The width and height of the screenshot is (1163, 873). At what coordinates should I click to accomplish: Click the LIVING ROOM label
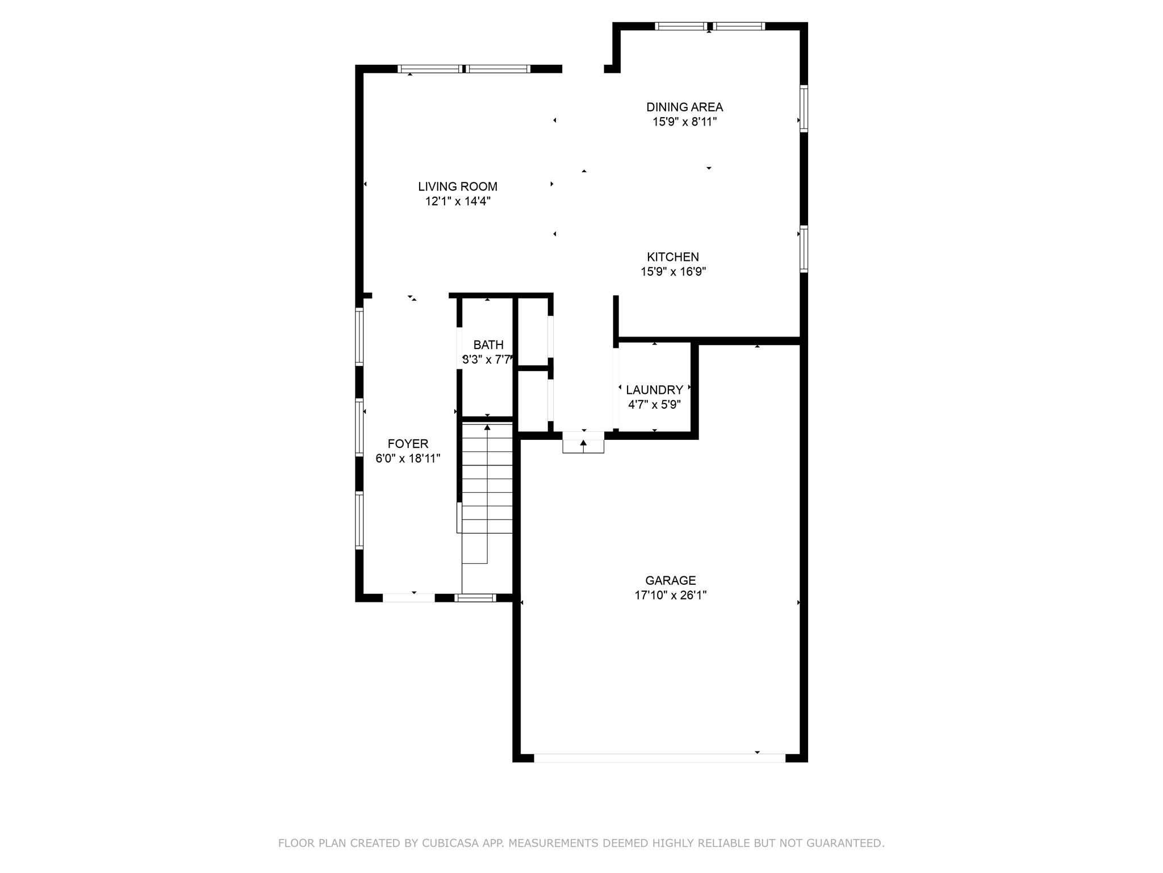click(x=458, y=186)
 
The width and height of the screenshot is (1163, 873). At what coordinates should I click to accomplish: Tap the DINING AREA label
click(x=684, y=107)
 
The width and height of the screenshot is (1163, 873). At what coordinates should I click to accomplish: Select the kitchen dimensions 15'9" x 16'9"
click(x=673, y=272)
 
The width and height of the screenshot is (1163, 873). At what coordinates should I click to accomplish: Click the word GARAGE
click(x=670, y=580)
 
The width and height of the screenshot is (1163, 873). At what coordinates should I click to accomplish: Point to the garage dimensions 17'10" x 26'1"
click(x=670, y=595)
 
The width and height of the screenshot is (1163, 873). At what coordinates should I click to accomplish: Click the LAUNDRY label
click(x=654, y=390)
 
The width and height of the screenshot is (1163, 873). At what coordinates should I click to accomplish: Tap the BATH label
click(x=488, y=344)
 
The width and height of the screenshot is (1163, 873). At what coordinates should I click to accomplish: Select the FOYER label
click(x=408, y=443)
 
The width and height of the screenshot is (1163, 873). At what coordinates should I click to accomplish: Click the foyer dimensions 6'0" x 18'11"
click(x=408, y=458)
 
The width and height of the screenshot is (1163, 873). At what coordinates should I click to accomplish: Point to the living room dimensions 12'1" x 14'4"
click(x=458, y=201)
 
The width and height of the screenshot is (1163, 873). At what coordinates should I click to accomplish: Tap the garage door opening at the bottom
click(x=659, y=758)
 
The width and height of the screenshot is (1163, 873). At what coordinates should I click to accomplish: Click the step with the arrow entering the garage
click(x=583, y=443)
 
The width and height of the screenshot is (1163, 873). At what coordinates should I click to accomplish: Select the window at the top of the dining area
click(x=709, y=26)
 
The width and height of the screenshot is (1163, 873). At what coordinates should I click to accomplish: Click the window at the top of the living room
click(x=464, y=69)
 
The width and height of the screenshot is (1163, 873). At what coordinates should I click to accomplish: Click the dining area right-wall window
click(x=804, y=109)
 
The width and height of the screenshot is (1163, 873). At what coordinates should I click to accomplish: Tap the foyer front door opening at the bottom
click(x=409, y=597)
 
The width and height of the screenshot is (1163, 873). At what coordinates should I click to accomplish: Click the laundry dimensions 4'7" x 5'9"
click(x=654, y=405)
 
